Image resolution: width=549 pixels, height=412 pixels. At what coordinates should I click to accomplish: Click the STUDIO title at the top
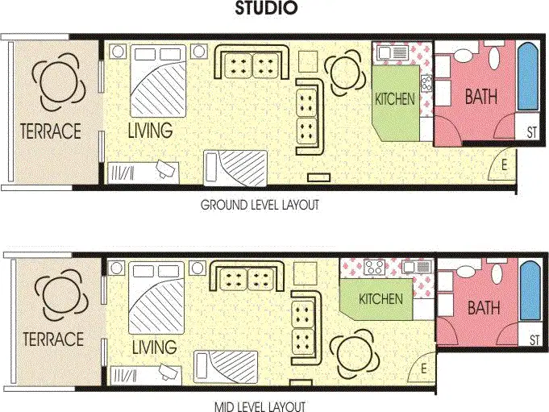[x=266, y=10]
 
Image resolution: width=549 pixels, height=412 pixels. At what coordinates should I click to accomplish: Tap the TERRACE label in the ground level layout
[x=51, y=131]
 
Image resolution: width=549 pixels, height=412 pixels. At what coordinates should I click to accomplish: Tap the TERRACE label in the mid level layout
[x=53, y=339]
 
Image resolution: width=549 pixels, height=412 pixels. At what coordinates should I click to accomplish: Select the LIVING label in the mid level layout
[x=153, y=347]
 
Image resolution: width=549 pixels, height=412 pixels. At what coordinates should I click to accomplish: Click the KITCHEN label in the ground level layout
[x=395, y=100]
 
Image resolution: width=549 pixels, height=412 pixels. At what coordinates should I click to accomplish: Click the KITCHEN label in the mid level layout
[x=381, y=299]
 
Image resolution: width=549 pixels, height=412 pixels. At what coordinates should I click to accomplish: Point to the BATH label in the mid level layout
[x=483, y=307]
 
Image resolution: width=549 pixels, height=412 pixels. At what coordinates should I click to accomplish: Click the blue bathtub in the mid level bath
[x=529, y=291]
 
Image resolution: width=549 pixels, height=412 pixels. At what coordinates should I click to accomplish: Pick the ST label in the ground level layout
[x=531, y=132]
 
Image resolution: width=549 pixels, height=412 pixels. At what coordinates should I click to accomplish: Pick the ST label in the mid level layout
[x=533, y=341]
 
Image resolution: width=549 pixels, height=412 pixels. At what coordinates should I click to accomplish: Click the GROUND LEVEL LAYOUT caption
[x=260, y=205]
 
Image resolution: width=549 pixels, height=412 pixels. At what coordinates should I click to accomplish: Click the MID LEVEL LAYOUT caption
[x=260, y=406]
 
